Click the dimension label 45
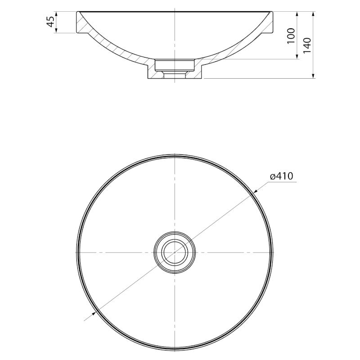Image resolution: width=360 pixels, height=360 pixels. click(x=51, y=22)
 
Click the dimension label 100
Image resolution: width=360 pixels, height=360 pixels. click(x=291, y=36)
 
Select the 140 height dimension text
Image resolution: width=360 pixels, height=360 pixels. click(x=307, y=45)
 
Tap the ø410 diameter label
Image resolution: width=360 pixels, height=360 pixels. click(x=282, y=176)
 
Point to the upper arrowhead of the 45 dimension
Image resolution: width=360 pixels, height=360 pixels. click(x=56, y=14)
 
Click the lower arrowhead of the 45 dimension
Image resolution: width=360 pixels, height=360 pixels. click(x=56, y=30)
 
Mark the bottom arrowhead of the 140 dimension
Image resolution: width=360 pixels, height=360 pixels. click(x=313, y=76)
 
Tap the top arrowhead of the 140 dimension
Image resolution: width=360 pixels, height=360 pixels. click(x=313, y=14)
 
